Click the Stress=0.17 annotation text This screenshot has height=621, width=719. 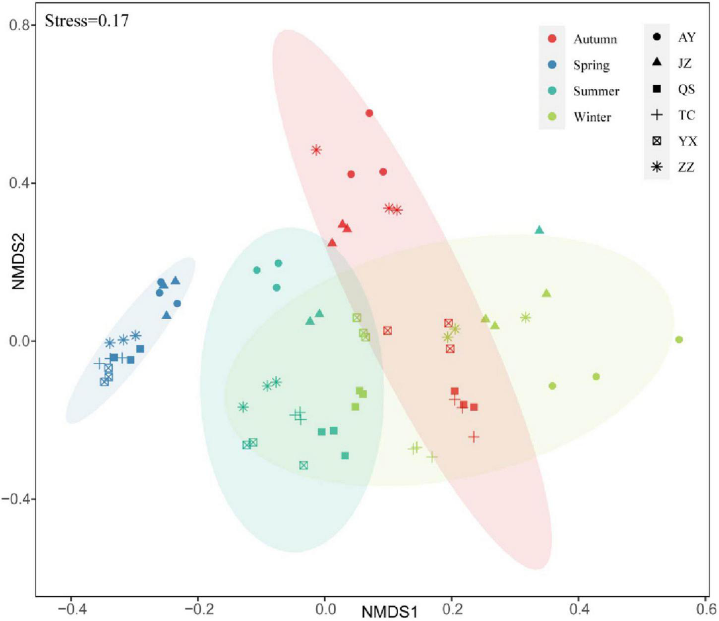(x=87, y=21)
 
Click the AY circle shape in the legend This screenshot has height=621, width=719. (x=657, y=37)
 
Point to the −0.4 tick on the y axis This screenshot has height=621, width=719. (x=16, y=499)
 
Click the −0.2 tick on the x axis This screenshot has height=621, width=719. (x=198, y=608)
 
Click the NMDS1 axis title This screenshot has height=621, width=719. (x=390, y=612)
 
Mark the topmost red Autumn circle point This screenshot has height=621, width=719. (x=369, y=113)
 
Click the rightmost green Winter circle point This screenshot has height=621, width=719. (x=679, y=339)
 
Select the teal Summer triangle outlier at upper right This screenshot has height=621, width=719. (x=539, y=230)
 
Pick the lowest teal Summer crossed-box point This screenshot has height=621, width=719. (x=303, y=465)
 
